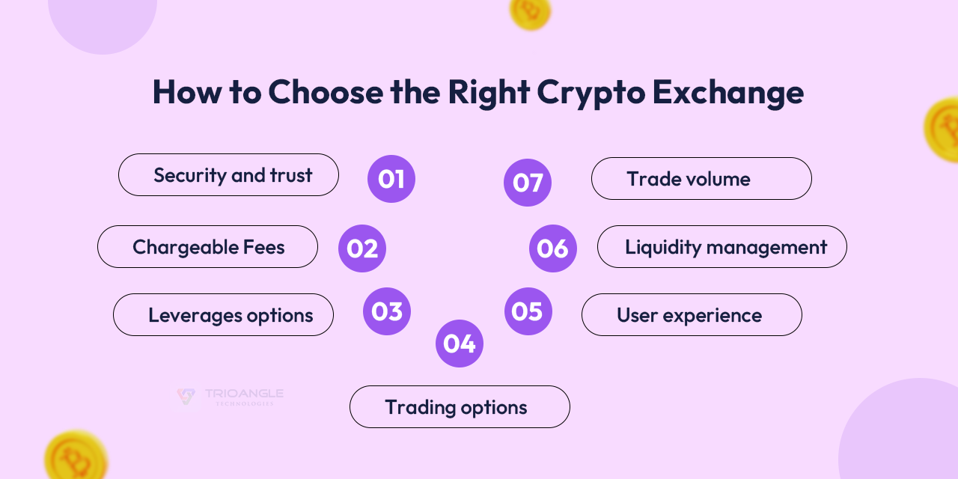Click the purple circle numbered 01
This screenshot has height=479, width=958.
pyautogui.click(x=391, y=179)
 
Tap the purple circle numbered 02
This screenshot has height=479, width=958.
pyautogui.click(x=362, y=248)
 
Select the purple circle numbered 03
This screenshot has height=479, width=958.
pyautogui.click(x=387, y=311)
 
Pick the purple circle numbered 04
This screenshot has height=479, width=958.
pyautogui.click(x=460, y=344)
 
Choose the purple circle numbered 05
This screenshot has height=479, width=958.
pyautogui.click(x=528, y=311)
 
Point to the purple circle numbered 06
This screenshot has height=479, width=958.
pyautogui.click(x=553, y=248)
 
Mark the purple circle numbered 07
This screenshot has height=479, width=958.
pyautogui.click(x=528, y=183)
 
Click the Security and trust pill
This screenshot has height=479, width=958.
pyautogui.click(x=228, y=175)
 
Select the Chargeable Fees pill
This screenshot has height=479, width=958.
pyautogui.click(x=207, y=247)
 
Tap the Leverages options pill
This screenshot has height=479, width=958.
pyautogui.click(x=223, y=315)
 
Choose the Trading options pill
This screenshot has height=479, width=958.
pyautogui.click(x=460, y=407)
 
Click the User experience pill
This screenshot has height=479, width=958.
pyautogui.click(x=692, y=315)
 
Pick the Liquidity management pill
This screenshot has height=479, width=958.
pyautogui.click(x=722, y=247)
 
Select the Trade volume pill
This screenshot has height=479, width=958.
pyautogui.click(x=701, y=179)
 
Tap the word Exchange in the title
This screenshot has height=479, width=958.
pyautogui.click(x=727, y=93)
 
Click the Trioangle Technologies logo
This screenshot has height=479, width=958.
pyautogui.click(x=228, y=396)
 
